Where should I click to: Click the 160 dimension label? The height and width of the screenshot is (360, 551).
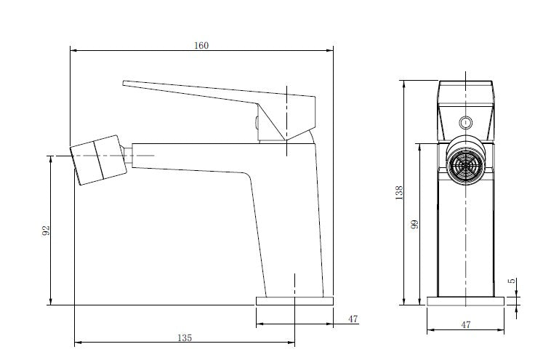pos(201,45)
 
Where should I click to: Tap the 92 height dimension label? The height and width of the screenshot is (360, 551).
pos(46,231)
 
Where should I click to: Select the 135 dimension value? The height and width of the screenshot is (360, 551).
pos(185,338)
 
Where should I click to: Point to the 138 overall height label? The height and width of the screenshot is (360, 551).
pos(399,193)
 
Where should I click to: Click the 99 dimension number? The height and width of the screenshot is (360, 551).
pos(414,224)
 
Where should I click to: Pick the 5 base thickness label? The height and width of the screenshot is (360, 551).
pos(512,281)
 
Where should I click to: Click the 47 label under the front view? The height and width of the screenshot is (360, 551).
pos(466,325)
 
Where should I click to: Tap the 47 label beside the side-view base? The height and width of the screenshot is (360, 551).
pos(353,319)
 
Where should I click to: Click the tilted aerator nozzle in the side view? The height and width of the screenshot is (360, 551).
pos(98,160)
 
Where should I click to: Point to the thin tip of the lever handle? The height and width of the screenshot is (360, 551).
pos(124,84)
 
